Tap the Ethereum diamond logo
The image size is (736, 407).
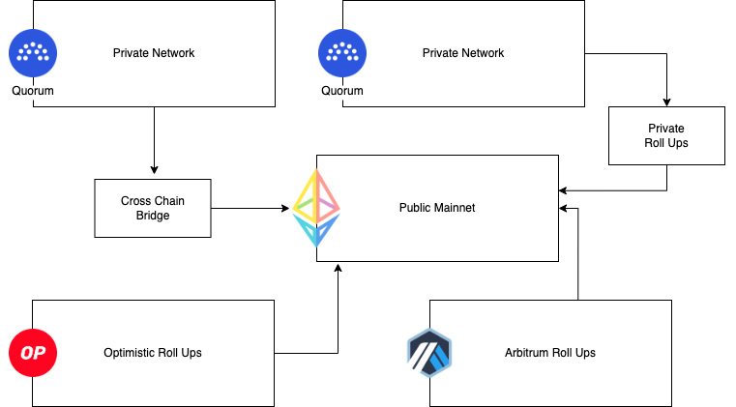(x=316, y=208)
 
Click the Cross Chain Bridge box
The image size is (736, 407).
(x=153, y=208)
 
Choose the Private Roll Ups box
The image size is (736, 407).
(x=666, y=135)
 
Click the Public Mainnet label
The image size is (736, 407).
(x=437, y=208)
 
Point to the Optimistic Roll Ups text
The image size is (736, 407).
(x=153, y=353)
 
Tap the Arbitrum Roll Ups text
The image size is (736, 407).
(x=550, y=353)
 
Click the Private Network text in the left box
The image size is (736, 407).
(x=154, y=52)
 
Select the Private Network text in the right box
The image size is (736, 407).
(x=463, y=52)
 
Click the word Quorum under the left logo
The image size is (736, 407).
(x=32, y=91)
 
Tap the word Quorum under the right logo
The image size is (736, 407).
(x=341, y=91)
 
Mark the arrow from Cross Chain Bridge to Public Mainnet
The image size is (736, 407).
(x=251, y=208)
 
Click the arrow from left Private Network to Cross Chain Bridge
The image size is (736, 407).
(x=154, y=141)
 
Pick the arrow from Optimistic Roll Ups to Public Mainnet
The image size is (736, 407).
(x=338, y=319)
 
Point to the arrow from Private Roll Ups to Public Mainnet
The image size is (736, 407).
(x=619, y=190)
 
